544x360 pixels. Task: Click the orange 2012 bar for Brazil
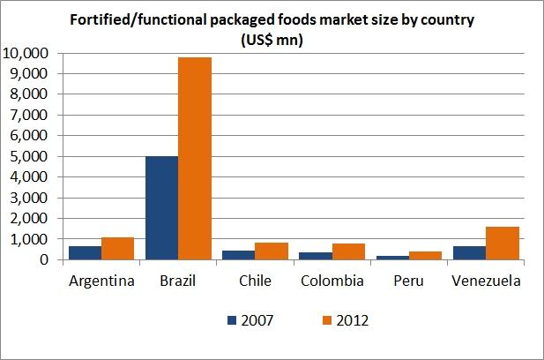[x=195, y=159]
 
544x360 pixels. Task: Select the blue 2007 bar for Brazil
[x=161, y=208]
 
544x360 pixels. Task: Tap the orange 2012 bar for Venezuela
[x=502, y=244]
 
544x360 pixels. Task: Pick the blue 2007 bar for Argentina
[x=85, y=253]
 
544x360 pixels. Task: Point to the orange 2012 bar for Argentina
[x=117, y=249]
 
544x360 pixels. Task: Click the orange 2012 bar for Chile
[x=272, y=251]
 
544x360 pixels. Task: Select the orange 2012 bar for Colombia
[x=348, y=251]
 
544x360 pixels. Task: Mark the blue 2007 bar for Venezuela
[x=469, y=253]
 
